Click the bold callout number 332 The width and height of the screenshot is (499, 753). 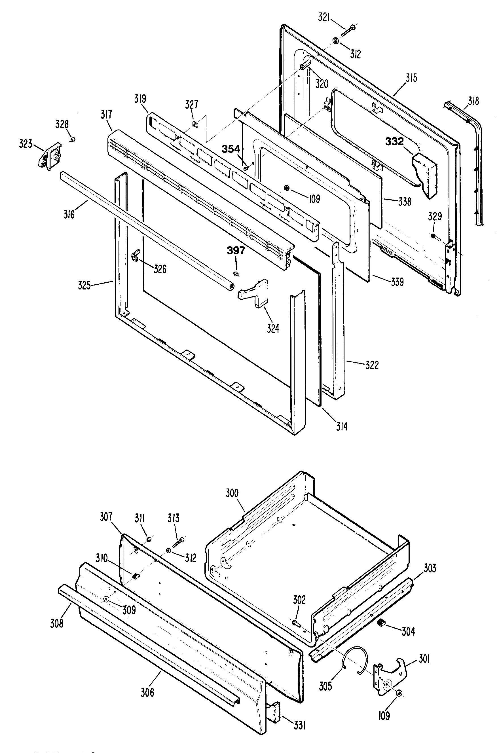[394, 141]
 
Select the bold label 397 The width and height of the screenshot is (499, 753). [236, 251]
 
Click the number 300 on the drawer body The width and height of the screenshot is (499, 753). [232, 493]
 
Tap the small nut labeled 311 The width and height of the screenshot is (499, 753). [149, 539]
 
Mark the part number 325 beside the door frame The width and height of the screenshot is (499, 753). [84, 285]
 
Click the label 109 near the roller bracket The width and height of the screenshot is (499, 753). [384, 707]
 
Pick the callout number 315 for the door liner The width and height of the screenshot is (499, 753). [411, 78]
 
